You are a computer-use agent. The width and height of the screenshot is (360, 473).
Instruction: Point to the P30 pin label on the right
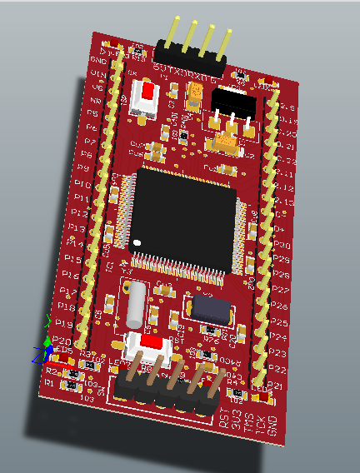pos(282,246)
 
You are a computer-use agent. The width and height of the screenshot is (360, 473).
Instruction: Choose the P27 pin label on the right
pos(281,290)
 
